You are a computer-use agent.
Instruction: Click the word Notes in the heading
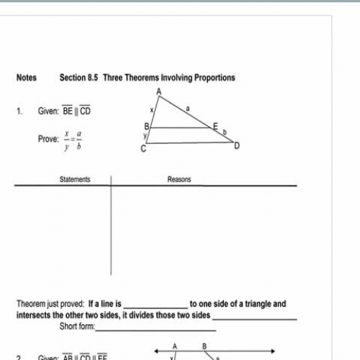[x=27, y=78]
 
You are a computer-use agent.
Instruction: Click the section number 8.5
[x=93, y=78]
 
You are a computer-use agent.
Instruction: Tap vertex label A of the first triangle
[x=158, y=91]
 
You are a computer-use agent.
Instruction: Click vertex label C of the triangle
[x=143, y=149]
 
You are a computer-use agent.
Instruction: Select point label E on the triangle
[x=214, y=126]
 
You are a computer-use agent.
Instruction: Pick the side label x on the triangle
[x=152, y=110]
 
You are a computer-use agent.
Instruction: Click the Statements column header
[x=75, y=179]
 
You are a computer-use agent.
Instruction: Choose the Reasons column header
[x=179, y=179]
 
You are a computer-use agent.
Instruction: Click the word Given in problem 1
[x=48, y=112]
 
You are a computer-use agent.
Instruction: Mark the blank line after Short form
[x=156, y=329]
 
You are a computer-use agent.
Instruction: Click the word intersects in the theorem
[x=32, y=315]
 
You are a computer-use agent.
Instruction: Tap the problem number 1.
[x=20, y=112]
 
